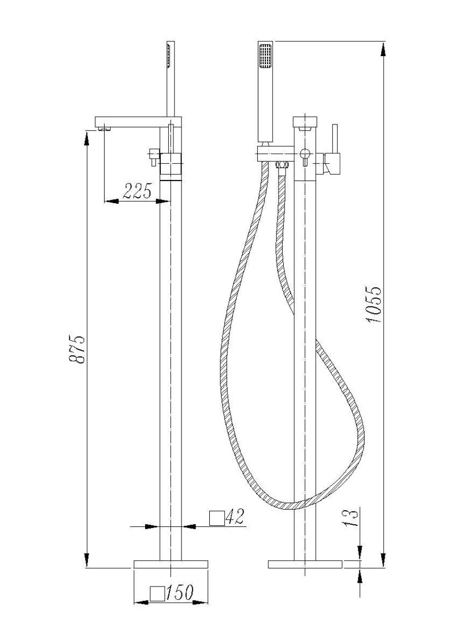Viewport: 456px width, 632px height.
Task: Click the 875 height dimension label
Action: point(76,349)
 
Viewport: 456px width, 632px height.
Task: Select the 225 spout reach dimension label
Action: point(137,191)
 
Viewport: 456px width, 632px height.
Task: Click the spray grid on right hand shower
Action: point(265,56)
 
